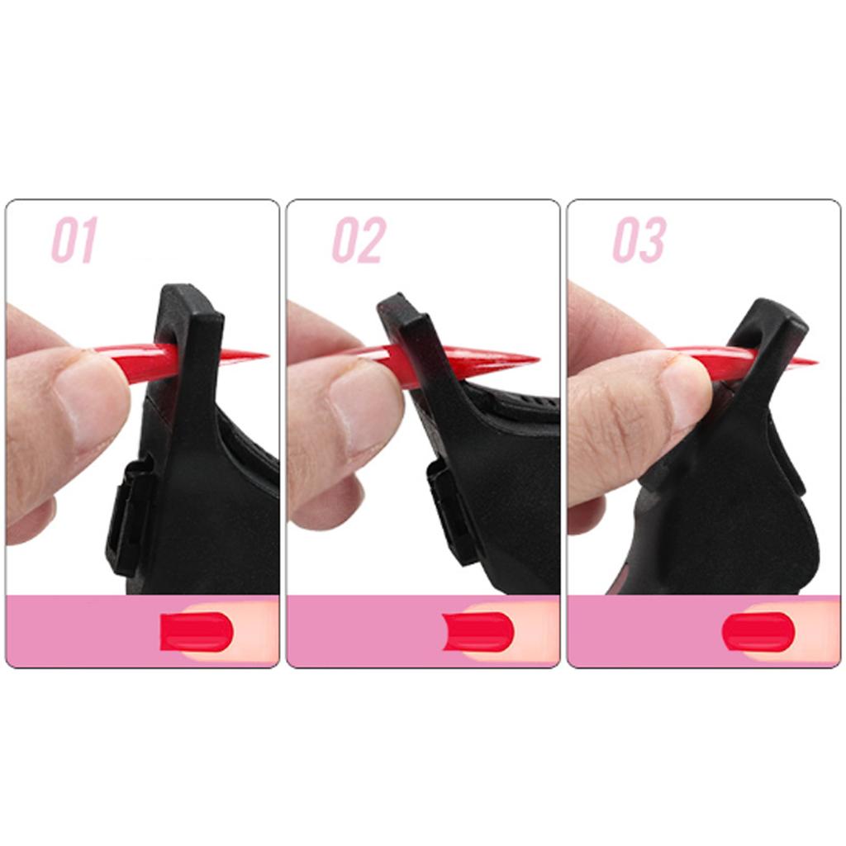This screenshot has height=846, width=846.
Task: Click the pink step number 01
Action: [74, 240]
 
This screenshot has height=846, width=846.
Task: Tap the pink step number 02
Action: [359, 240]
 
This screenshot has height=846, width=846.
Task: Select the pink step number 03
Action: [639, 240]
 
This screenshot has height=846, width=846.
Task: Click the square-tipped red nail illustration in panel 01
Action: [197, 632]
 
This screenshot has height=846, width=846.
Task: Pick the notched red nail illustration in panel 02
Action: [478, 632]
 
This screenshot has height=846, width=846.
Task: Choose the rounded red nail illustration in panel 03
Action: [758, 632]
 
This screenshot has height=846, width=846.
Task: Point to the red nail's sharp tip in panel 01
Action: [264, 356]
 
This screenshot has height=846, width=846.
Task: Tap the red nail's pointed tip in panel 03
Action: [815, 361]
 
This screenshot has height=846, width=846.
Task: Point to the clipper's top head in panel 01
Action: [190, 302]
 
